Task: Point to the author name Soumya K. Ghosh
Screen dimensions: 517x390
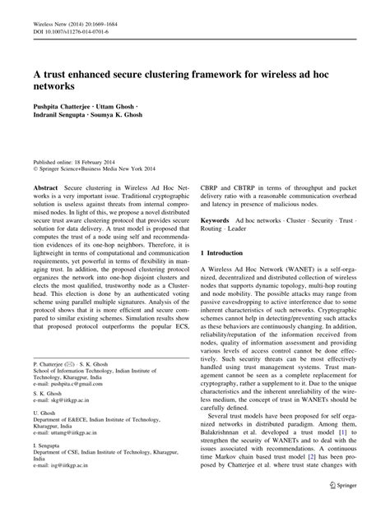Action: point(131,116)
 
